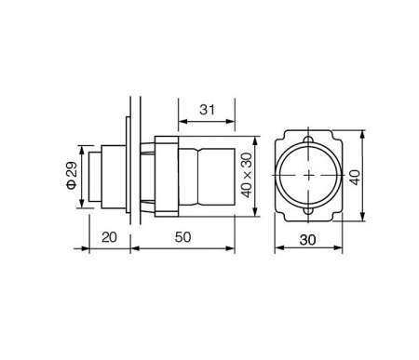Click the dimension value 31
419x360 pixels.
[207, 110]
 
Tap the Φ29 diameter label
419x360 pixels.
[72, 175]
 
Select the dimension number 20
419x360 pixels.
[109, 237]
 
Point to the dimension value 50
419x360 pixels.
[182, 237]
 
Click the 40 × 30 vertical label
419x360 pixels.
[247, 175]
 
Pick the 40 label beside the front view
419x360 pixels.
[355, 178]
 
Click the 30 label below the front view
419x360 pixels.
[307, 240]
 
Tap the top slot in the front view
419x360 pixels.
[308, 140]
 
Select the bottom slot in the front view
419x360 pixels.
[308, 211]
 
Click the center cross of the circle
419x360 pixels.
[308, 176]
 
